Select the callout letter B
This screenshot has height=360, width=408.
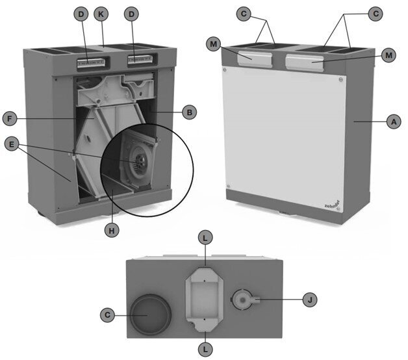pos(188,112)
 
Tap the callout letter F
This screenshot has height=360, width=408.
pos(10,120)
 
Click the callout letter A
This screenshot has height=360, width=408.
pos(392,121)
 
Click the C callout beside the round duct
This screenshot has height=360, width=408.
pos(108,315)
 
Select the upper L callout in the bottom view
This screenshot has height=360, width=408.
pos(205,239)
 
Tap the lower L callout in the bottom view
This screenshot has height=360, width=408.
pos(205,348)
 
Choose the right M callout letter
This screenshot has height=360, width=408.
pos(389,55)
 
